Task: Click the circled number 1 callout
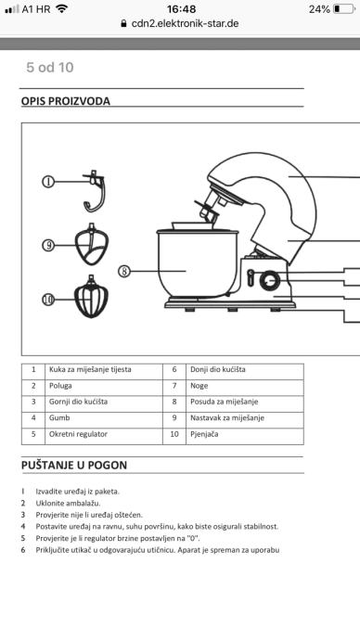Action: tap(48, 181)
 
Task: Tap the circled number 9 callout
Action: tap(48, 245)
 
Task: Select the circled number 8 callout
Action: tap(124, 271)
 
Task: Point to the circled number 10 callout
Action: tap(48, 300)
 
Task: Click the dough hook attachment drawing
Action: tap(95, 191)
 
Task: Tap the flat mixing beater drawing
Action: tap(92, 244)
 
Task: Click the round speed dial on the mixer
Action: tap(270, 280)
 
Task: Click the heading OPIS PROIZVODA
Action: tap(66, 101)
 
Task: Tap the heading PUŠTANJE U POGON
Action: tap(74, 465)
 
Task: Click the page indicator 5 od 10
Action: tap(50, 68)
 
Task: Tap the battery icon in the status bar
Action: tap(343, 9)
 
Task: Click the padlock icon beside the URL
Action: tap(123, 24)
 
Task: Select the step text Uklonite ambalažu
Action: tap(68, 503)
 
